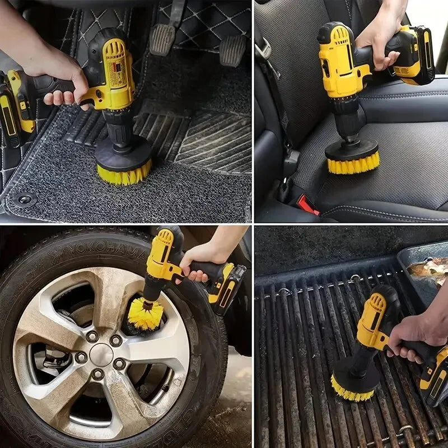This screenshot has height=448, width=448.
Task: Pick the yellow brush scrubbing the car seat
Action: pos(353,164)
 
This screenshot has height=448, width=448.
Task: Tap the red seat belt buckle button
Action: pos(307,205)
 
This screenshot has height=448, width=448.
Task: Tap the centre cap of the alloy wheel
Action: pos(101,354)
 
